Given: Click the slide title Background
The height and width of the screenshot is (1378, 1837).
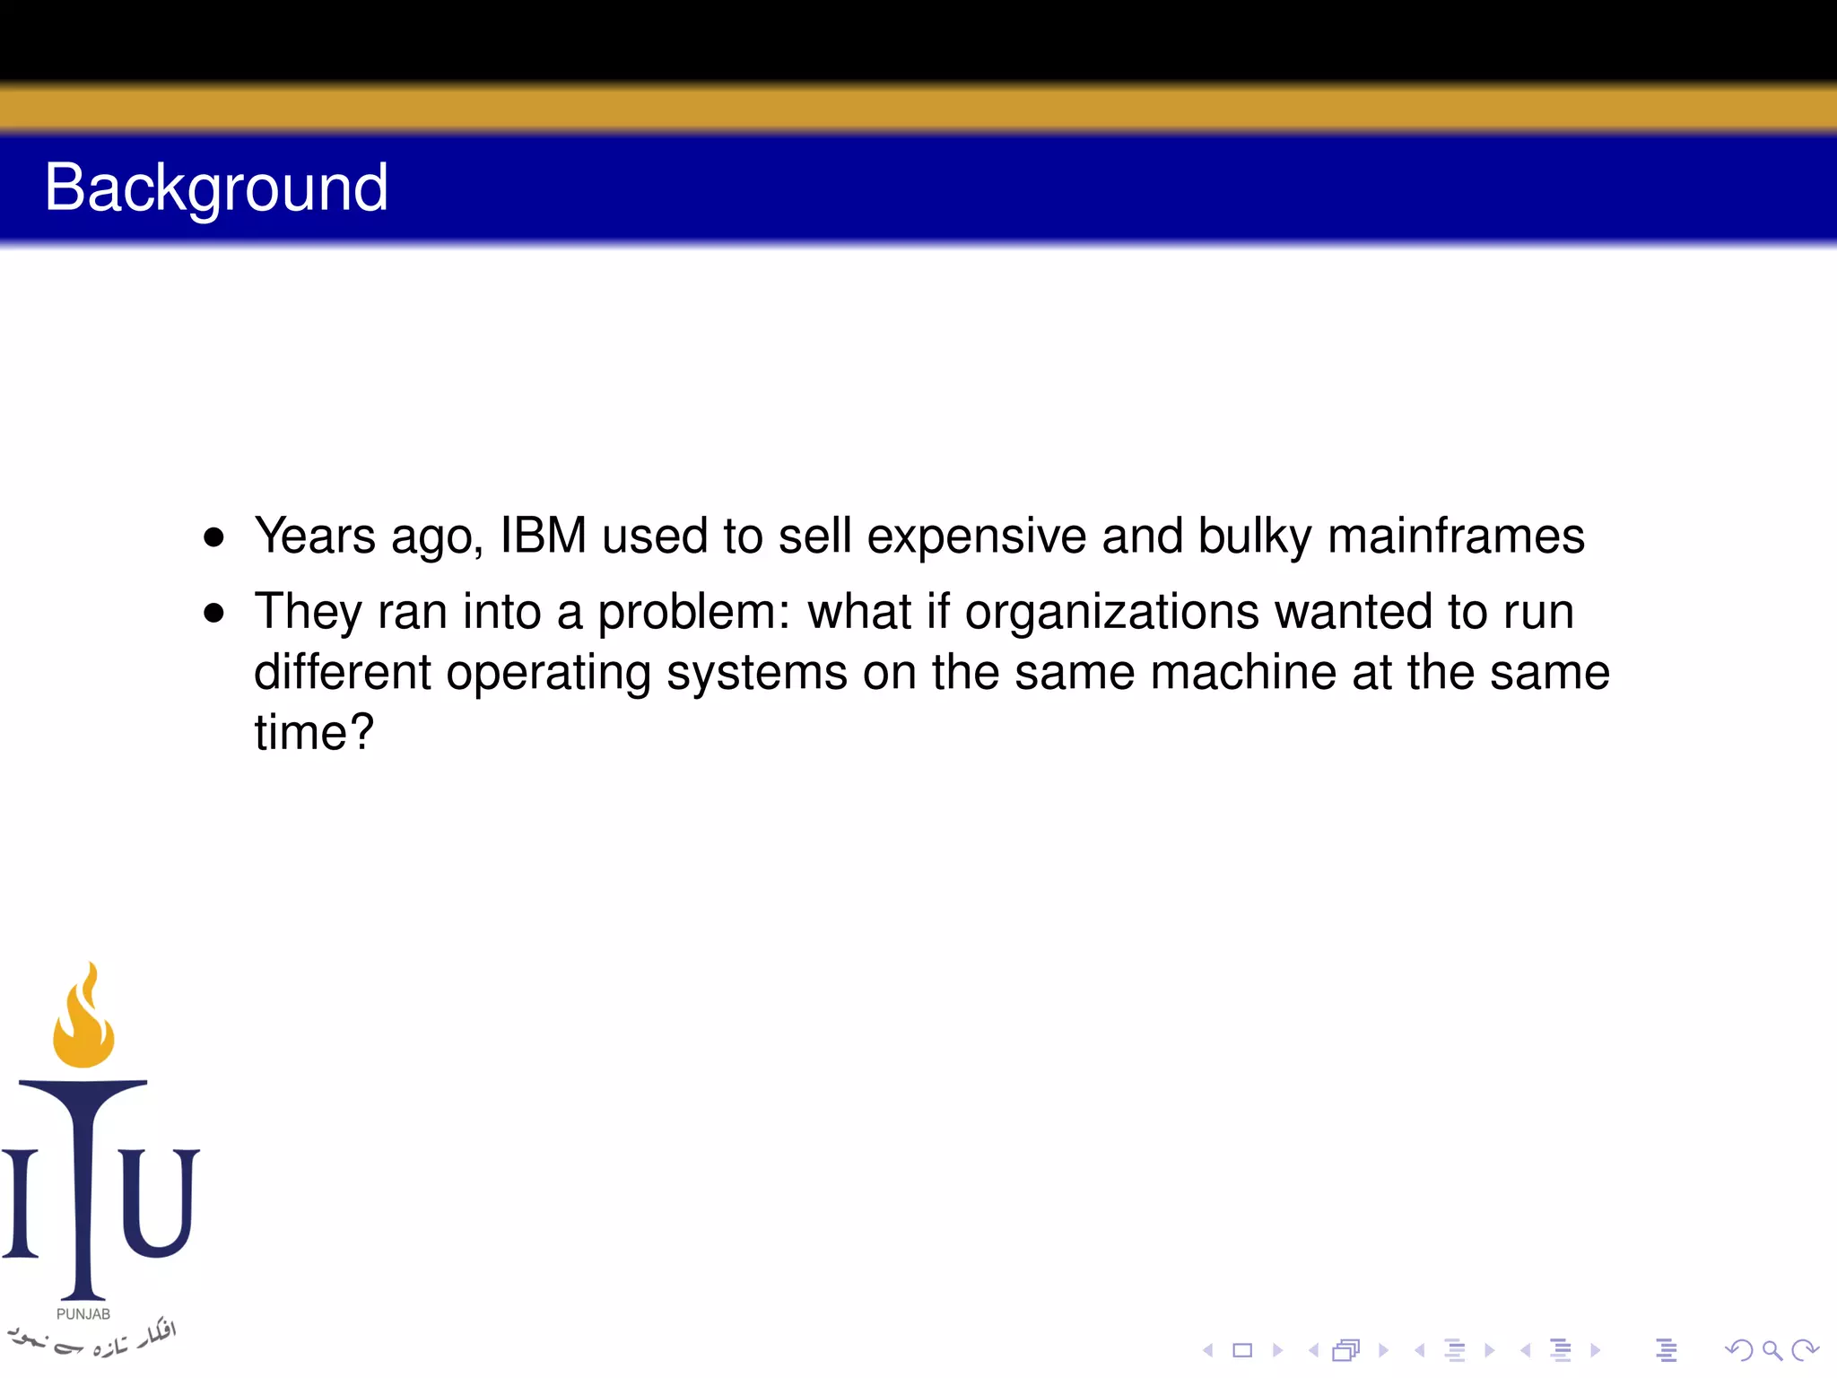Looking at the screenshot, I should coord(216,188).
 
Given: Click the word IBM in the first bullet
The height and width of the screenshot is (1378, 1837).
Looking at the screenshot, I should coord(543,536).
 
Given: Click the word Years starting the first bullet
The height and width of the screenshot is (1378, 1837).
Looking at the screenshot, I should coord(315,536).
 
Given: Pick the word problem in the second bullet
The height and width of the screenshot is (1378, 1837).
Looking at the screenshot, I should coord(693,614).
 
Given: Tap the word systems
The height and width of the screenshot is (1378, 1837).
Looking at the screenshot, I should coord(757,674).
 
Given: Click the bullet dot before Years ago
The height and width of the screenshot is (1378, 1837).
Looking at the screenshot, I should coord(213,538).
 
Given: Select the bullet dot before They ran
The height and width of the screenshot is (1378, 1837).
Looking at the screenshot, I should coord(213,614).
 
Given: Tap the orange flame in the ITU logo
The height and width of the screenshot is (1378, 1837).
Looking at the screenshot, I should coord(83,1023).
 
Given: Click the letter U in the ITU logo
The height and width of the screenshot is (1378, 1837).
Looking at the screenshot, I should coord(159,1202).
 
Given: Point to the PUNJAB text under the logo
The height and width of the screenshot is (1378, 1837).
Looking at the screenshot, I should coord(83,1314).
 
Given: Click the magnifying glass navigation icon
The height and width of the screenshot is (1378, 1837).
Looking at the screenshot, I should coord(1772,1350).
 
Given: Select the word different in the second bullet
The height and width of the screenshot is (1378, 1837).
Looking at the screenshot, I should coord(342,672).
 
